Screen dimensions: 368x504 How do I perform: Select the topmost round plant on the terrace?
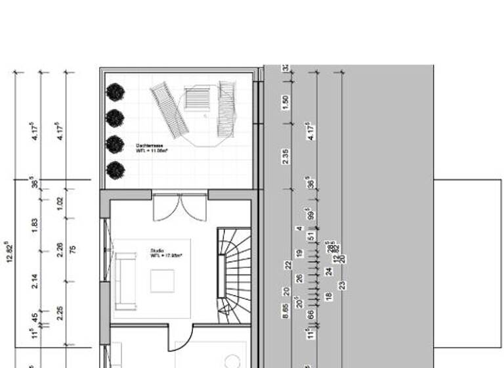[115, 92]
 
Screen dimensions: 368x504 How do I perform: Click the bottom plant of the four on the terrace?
[115, 170]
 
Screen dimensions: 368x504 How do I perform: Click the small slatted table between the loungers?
[196, 99]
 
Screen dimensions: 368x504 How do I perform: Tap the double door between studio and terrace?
[180, 206]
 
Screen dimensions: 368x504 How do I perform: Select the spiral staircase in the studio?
[234, 275]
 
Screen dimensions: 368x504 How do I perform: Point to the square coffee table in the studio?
[162, 281]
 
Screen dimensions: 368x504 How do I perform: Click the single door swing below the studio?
[186, 338]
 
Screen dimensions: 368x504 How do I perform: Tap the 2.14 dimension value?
[35, 281]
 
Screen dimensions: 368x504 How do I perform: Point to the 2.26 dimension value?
[60, 250]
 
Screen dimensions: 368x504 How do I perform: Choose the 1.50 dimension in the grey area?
[285, 102]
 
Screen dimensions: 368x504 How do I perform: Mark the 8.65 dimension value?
[285, 311]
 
